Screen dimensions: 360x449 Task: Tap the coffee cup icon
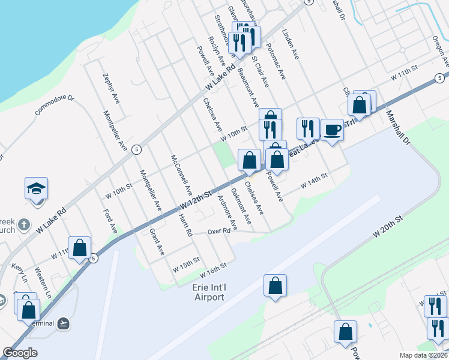pyautogui.click(x=332, y=130)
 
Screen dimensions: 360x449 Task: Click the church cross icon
pyautogui.click(x=23, y=225)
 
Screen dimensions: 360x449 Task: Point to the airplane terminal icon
pyautogui.click(x=64, y=323)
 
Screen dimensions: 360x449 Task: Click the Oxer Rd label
pyautogui.click(x=219, y=231)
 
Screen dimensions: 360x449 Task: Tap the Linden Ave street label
pyautogui.click(x=290, y=45)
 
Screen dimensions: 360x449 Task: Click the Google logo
pyautogui.click(x=20, y=353)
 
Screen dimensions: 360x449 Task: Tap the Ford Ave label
pyautogui.click(x=110, y=221)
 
